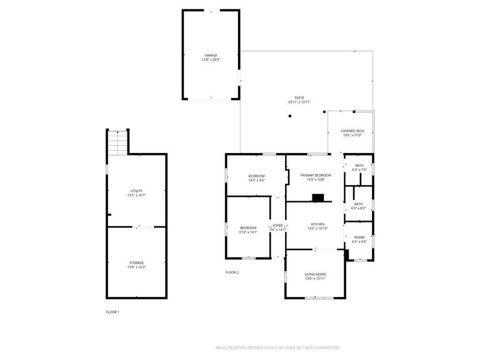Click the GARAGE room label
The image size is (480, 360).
point(211,56)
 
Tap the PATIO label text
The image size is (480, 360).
point(299,98)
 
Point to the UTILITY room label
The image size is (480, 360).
point(136,191)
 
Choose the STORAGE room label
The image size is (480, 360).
point(136,262)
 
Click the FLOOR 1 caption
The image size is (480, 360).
point(112,311)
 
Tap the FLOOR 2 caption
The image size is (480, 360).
point(232,272)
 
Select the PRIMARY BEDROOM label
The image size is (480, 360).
point(315,176)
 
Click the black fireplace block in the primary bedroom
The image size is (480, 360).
point(319,197)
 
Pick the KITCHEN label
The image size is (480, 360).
point(317,224)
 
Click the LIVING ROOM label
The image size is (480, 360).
point(316,274)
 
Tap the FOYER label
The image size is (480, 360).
point(277,225)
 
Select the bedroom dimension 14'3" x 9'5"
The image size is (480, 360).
point(256,180)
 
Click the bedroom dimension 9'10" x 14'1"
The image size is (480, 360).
point(248,231)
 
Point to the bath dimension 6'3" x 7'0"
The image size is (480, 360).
point(359,169)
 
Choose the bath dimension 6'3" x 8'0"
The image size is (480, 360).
point(358,207)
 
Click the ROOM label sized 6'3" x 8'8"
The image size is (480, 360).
point(359,237)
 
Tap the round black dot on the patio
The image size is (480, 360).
point(289,116)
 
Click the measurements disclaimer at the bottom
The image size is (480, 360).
point(277,347)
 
